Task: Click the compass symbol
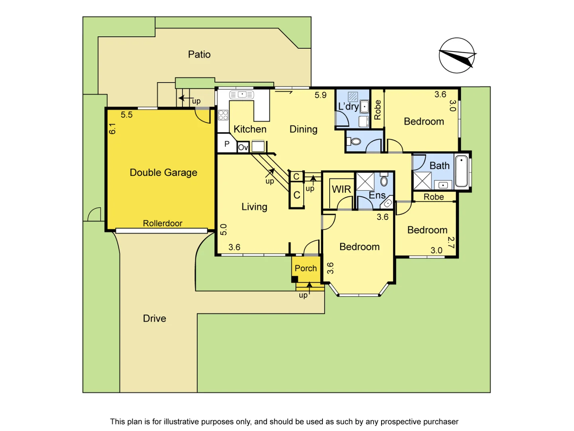click(457, 55)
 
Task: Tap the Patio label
click(199, 54)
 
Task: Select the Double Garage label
click(163, 172)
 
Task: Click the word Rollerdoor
click(163, 223)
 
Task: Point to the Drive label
click(154, 318)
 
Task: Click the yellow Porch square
click(306, 269)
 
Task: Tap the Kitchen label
click(250, 129)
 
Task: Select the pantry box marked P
click(227, 144)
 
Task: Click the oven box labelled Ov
click(243, 147)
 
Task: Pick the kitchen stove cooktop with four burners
click(223, 115)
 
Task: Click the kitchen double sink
click(242, 95)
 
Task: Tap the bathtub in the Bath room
click(461, 171)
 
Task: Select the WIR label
click(342, 190)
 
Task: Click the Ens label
click(377, 195)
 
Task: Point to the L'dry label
click(348, 107)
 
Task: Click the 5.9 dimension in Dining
click(320, 95)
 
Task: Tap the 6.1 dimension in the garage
click(112, 129)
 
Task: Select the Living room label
click(254, 207)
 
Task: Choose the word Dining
click(303, 129)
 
